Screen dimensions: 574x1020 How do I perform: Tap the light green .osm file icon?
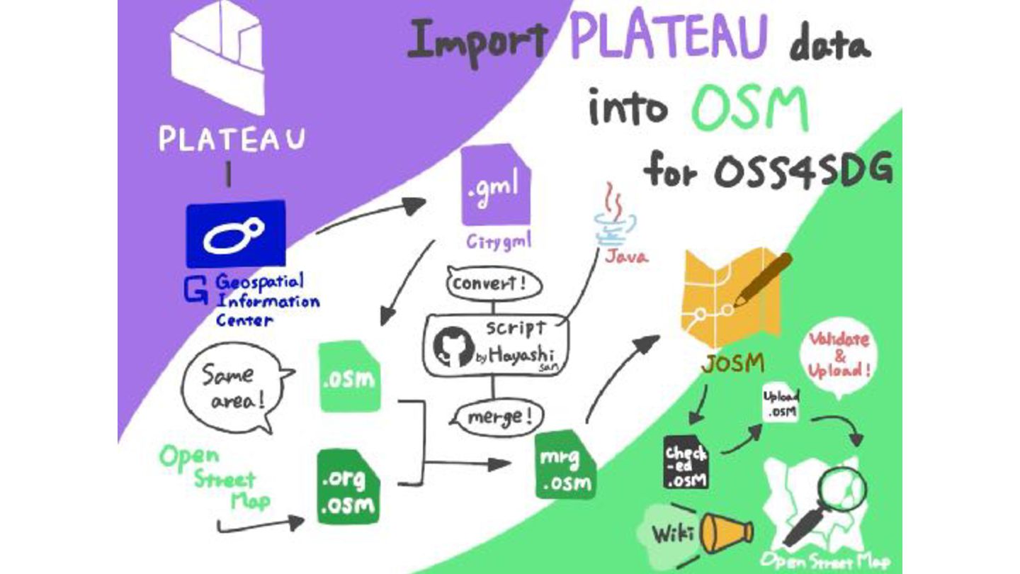coord(348,377)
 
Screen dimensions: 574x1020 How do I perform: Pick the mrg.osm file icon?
coord(565,467)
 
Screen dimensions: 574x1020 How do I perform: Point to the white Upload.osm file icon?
coord(781,404)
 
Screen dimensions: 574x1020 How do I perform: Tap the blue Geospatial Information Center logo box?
coord(236,235)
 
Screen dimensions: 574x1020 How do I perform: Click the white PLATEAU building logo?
coord(218,57)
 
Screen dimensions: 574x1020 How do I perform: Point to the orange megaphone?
coord(726,532)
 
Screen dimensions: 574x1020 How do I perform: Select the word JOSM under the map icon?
coord(732,364)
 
